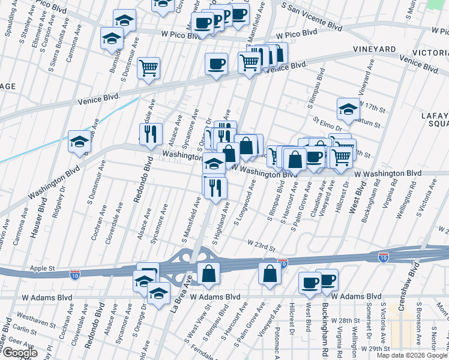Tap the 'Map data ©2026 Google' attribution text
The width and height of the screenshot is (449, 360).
(412, 355)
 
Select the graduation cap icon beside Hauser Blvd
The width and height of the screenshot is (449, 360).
(79, 142)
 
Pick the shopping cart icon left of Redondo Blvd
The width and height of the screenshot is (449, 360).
(148, 68)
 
